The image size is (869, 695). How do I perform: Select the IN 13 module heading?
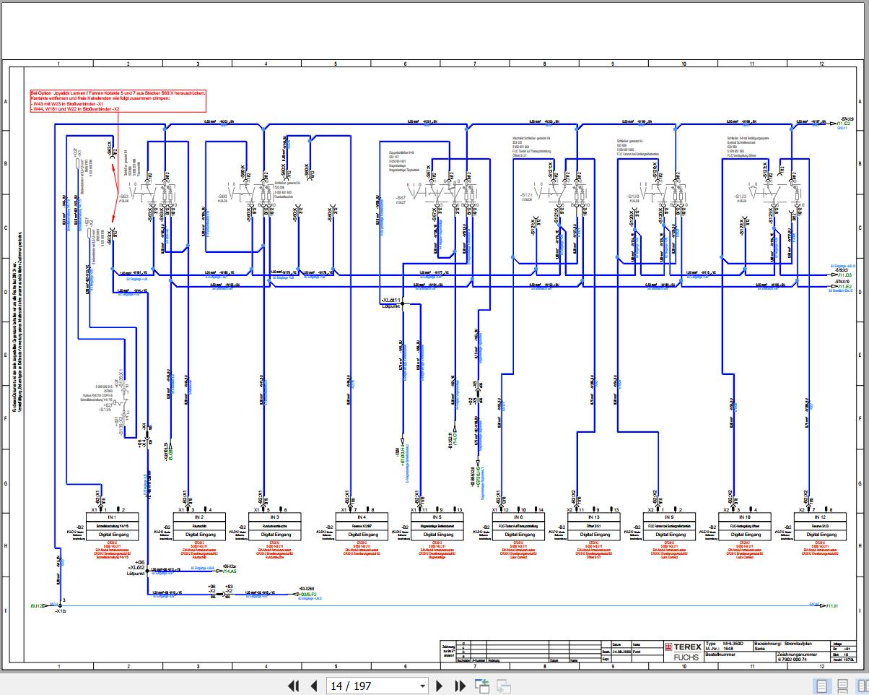tap(594, 517)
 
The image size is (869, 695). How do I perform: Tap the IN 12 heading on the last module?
tap(819, 517)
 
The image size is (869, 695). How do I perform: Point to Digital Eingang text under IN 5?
tap(436, 535)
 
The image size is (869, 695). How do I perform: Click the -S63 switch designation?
tap(124, 196)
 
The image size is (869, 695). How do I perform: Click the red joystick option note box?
tap(118, 101)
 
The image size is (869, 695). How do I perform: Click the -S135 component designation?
tap(107, 409)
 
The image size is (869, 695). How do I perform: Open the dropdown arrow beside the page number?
tap(423, 686)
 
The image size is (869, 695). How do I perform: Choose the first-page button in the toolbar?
tap(293, 686)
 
